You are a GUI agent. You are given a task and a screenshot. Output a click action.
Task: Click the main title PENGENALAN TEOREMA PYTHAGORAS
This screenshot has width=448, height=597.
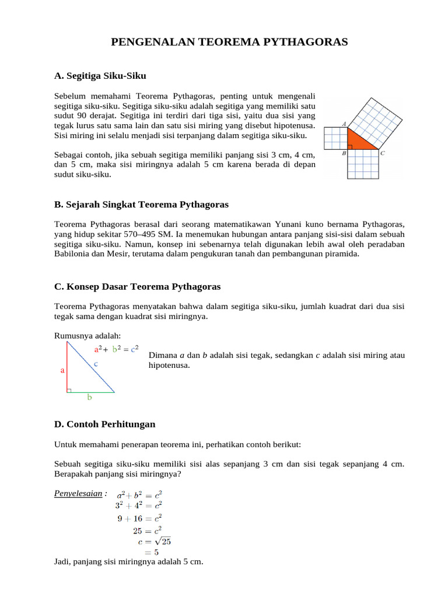click(229, 42)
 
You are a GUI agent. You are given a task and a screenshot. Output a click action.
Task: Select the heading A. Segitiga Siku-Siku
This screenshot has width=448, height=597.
click(100, 76)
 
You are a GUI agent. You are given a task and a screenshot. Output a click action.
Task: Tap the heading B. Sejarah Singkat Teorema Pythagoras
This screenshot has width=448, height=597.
click(141, 205)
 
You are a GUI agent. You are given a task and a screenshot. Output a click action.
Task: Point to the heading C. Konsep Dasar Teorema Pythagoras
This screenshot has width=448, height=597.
click(137, 287)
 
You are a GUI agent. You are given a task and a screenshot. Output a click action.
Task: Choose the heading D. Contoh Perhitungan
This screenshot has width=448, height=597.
click(104, 424)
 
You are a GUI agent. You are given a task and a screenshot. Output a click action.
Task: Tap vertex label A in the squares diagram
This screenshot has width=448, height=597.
click(344, 124)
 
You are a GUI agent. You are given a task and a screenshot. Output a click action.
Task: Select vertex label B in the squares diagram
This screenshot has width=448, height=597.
click(344, 154)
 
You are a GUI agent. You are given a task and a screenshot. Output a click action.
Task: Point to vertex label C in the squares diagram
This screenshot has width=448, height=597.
click(382, 154)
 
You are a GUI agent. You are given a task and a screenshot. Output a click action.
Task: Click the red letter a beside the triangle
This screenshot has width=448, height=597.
click(62, 370)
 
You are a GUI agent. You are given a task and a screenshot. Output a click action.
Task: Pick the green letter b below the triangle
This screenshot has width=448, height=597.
click(89, 398)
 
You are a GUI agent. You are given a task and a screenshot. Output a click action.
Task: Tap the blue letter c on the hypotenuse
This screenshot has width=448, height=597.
click(96, 363)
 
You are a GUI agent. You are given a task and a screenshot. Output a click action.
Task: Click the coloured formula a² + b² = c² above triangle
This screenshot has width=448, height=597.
click(116, 350)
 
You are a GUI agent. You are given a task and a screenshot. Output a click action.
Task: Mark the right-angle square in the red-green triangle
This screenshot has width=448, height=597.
click(69, 390)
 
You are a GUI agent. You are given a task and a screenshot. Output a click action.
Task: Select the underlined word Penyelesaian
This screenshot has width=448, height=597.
click(79, 494)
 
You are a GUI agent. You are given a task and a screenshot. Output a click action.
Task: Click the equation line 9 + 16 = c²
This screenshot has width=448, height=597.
click(138, 517)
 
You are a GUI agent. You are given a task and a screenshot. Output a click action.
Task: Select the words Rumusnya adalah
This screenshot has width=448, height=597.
click(87, 335)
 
